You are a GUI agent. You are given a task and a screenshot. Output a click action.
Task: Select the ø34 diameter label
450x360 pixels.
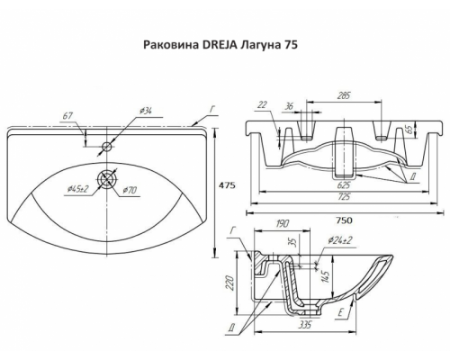point(144,112)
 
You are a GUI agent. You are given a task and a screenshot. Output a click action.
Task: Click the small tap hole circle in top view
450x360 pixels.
point(107,146)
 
